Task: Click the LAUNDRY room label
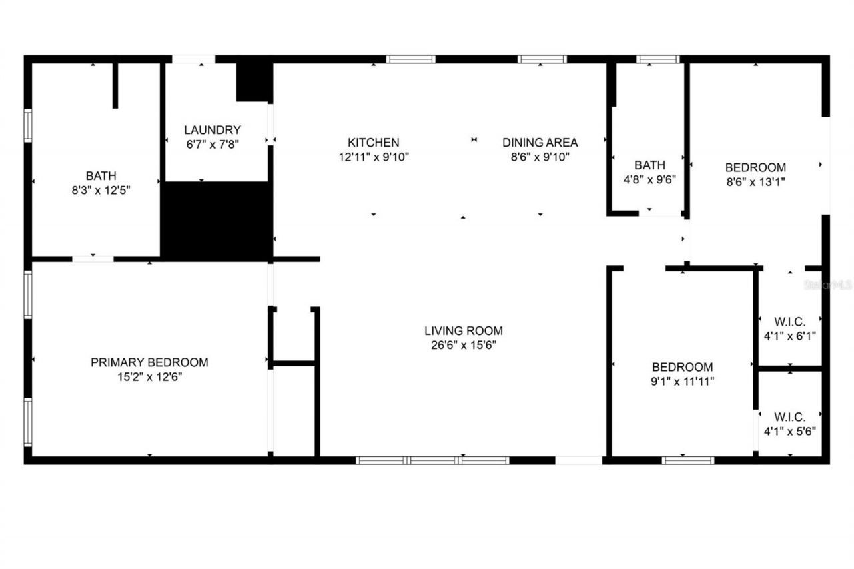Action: [x=212, y=130]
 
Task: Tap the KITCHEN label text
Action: [x=373, y=142]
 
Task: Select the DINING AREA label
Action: [x=540, y=142]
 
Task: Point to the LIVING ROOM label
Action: [x=463, y=330]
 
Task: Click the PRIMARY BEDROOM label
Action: [x=149, y=362]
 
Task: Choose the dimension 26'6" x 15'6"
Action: [x=463, y=345]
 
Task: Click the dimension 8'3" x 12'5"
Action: [x=101, y=190]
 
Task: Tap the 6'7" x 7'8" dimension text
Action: [x=212, y=145]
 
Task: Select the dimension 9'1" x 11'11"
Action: [x=682, y=382]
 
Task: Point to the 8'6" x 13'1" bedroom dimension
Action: [x=755, y=181]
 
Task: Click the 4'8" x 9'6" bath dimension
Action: [x=650, y=179]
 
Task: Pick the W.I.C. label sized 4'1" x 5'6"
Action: [x=789, y=416]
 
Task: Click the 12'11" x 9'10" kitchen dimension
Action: [x=373, y=157]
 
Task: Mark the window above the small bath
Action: [x=658, y=59]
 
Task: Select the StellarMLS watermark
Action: [x=828, y=285]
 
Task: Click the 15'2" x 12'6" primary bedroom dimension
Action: [x=149, y=377]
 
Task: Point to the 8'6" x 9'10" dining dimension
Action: [x=540, y=157]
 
